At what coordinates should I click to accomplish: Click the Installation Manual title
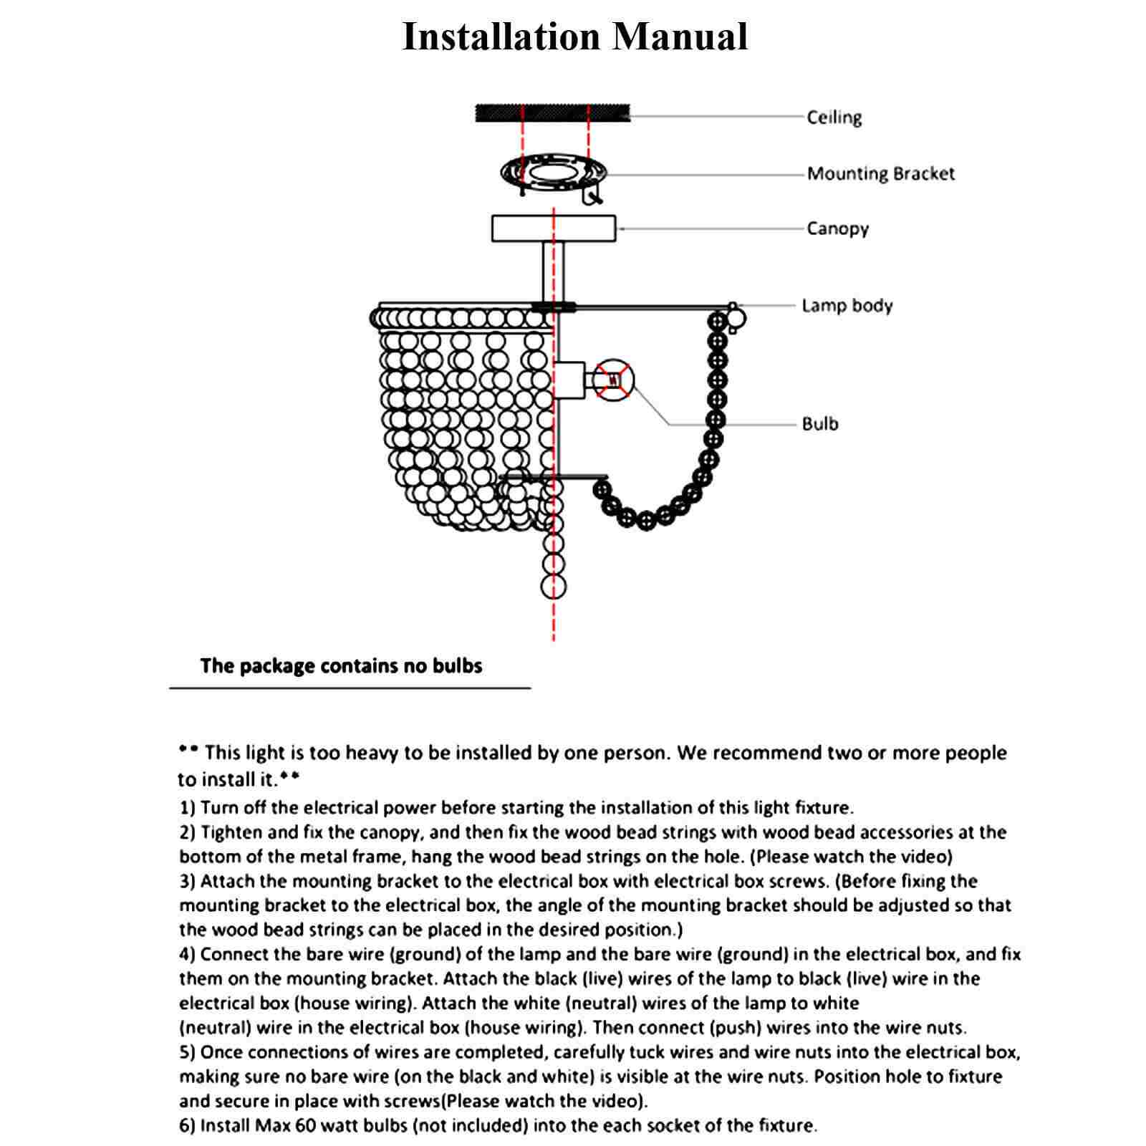coord(574,37)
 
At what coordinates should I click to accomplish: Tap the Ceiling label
coord(834,117)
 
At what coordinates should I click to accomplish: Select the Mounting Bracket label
coord(880,174)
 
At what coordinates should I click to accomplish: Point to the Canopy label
coord(837,229)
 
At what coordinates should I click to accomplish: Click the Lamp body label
coord(847,306)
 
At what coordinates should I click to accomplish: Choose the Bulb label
coord(819,424)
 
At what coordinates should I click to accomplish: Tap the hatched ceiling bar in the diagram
coord(552,112)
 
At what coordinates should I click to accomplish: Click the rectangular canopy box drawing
coord(553,228)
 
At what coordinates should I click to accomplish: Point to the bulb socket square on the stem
coord(570,380)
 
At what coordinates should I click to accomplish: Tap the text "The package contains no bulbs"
coord(341,666)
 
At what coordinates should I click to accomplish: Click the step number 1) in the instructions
coord(188,808)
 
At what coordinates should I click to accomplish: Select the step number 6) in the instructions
coord(188,1126)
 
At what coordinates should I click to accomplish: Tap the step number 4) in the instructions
coord(188,954)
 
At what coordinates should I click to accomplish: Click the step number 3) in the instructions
coord(188,881)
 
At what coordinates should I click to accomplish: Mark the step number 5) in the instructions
coord(188,1052)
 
